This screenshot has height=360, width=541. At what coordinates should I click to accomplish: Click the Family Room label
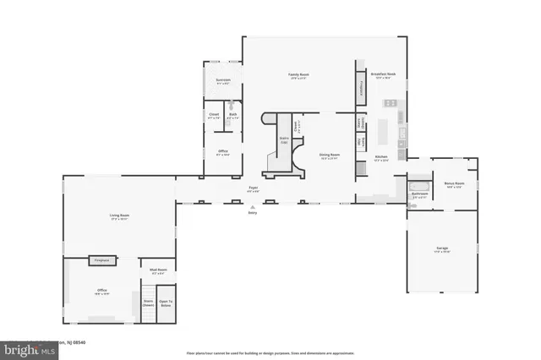[x=298, y=75]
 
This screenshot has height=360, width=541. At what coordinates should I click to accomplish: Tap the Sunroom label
[x=222, y=82]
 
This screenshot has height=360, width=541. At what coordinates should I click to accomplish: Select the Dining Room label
[x=329, y=155]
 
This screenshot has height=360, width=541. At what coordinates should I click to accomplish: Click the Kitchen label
[x=381, y=157]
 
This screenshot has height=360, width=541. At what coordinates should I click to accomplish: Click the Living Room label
[x=118, y=216]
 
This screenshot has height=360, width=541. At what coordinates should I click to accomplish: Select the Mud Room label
[x=158, y=270]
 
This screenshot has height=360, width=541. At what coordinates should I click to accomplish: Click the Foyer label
[x=252, y=188]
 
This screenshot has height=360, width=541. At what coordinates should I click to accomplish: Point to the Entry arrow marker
[x=252, y=207]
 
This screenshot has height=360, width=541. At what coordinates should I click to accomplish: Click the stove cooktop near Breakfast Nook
[x=391, y=103]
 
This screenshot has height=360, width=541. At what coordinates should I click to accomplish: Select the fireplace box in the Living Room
[x=103, y=261]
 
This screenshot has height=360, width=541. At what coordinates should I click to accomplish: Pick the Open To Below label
[x=166, y=303]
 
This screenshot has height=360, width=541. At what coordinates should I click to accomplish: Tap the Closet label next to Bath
[x=214, y=116]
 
